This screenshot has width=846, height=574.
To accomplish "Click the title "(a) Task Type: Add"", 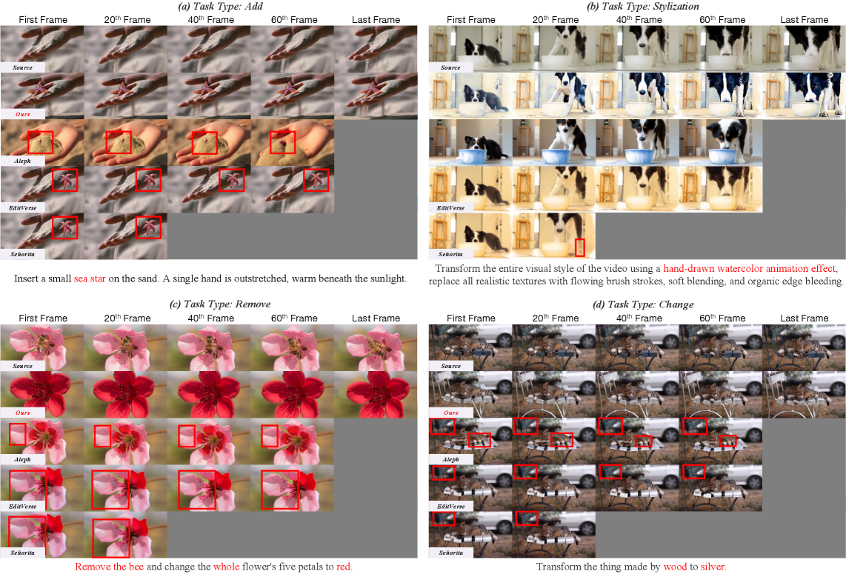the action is [220, 7].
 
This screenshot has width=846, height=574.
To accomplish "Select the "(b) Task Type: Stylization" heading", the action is [642, 7].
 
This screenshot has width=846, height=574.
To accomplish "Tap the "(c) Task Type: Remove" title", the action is [219, 304].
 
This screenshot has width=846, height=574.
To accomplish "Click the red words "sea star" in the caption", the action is [90, 279].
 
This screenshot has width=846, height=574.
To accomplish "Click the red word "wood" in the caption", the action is [675, 567].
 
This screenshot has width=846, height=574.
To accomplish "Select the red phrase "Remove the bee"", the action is [110, 567].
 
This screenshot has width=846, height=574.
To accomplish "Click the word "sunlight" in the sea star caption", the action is [387, 279].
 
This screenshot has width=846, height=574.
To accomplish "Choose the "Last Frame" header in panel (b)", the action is [804, 20].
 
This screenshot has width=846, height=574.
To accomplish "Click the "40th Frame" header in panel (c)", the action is [211, 318].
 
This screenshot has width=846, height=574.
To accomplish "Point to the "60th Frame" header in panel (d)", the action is [722, 318].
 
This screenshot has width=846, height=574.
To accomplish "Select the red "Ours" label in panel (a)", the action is [23, 114].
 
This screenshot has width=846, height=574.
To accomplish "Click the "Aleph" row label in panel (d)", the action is [450, 460].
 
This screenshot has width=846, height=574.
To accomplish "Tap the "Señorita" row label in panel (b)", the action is [450, 254].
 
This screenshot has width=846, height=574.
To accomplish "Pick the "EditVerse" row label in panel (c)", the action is [23, 507].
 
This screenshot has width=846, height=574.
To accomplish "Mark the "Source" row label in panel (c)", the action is [23, 367].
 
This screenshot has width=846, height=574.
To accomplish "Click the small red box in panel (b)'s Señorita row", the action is [580, 247].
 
